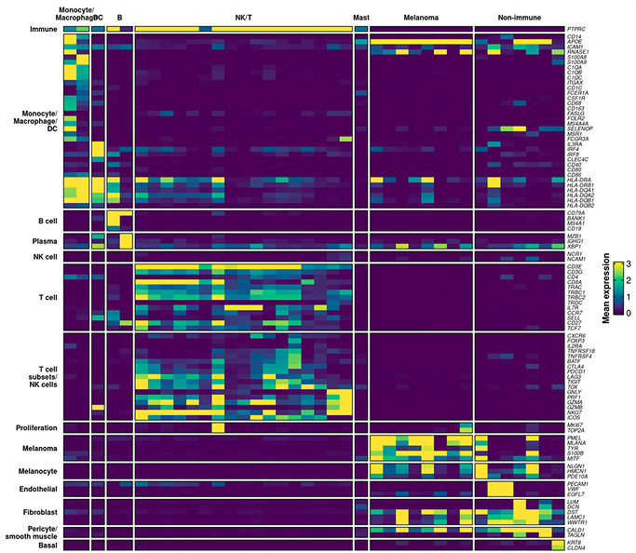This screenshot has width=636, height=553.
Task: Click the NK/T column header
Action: pos(243,18)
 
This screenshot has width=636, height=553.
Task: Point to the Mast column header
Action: pos(361,18)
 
